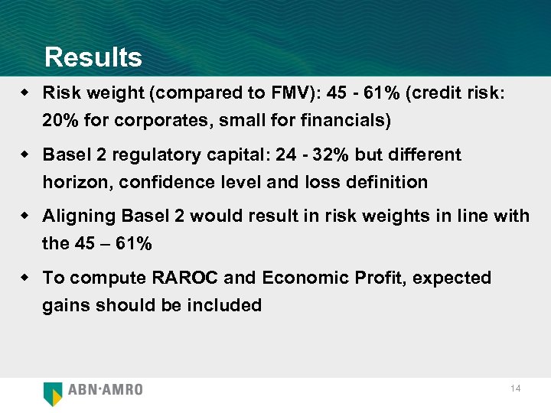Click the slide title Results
click(x=93, y=57)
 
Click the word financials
click(x=347, y=121)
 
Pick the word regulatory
click(x=158, y=155)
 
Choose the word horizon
click(x=70, y=182)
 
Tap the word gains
click(x=64, y=306)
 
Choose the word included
click(x=227, y=305)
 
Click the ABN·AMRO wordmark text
click(x=106, y=389)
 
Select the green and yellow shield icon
click(x=53, y=392)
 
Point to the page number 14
click(x=515, y=389)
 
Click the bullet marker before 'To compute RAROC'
click(x=26, y=277)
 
